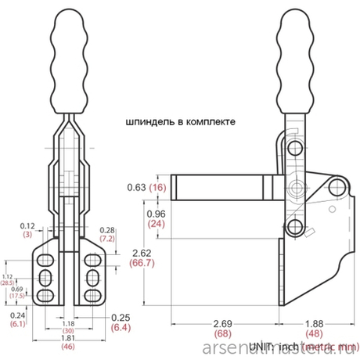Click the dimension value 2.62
[x=141, y=253]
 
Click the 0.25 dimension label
[x=120, y=316]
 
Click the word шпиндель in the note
[x=146, y=123]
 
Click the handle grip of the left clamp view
[x=70, y=59]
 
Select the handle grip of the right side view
[x=293, y=59]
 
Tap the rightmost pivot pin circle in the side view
[x=337, y=185]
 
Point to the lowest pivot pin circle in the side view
[x=295, y=227]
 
